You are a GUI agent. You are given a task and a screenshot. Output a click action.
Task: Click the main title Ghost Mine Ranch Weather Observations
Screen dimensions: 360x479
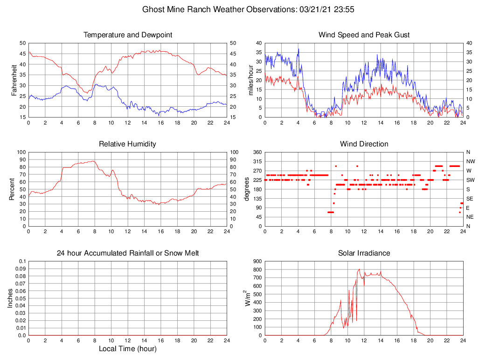[x=218, y=9]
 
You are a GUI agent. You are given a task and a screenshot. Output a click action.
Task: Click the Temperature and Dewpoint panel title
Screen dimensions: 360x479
[x=127, y=35]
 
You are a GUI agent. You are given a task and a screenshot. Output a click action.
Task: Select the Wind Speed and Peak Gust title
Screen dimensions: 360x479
[x=364, y=35]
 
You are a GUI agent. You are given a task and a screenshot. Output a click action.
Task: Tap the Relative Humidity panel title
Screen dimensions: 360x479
[x=127, y=144]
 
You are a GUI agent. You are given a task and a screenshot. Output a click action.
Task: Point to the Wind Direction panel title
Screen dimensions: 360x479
[x=364, y=144]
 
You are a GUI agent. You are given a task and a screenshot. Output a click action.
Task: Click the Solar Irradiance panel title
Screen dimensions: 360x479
[x=364, y=253]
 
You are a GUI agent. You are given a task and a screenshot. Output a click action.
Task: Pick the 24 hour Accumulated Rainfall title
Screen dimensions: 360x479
[x=127, y=253]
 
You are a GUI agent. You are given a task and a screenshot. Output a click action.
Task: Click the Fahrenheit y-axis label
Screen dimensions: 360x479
[x=14, y=80]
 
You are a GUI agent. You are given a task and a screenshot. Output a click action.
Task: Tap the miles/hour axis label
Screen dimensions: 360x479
[x=251, y=80]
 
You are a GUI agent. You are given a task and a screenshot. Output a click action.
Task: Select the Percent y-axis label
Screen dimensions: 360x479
[x=12, y=189]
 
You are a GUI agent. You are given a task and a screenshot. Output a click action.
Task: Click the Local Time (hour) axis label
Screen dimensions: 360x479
[x=127, y=349]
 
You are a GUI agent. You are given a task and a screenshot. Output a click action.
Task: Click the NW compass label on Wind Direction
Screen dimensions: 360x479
[x=470, y=161]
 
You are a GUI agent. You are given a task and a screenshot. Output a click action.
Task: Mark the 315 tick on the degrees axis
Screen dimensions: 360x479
[x=257, y=161]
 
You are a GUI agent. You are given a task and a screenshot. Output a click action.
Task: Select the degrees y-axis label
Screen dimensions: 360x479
[x=247, y=189]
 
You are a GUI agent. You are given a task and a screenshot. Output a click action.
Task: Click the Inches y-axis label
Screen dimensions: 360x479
[x=10, y=298]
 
